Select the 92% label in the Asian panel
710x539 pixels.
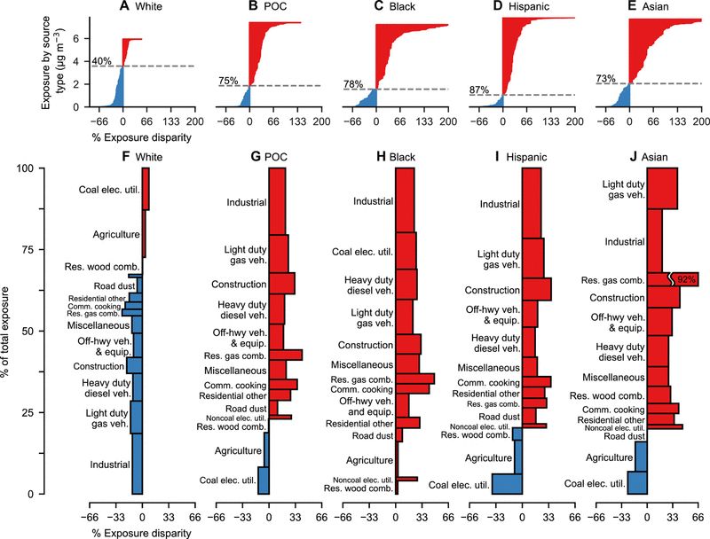[x=687, y=279]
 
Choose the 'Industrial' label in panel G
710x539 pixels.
[x=247, y=202]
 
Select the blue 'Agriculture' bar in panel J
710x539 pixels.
[x=641, y=457]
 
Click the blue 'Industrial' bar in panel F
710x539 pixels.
[x=138, y=463]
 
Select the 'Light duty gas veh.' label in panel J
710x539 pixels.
[x=624, y=190]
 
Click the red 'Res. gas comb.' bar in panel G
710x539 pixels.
[x=294, y=355]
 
